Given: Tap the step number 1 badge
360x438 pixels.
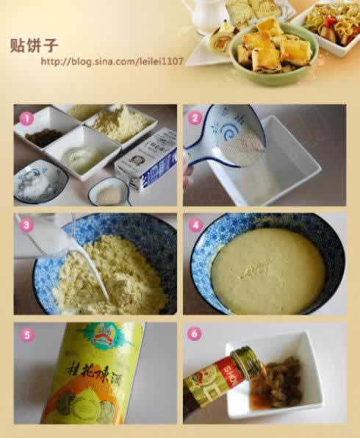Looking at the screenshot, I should pyautogui.click(x=26, y=118).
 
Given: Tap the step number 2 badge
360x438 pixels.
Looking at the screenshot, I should pyautogui.click(x=195, y=117).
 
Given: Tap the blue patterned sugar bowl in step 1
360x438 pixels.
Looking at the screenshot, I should pyautogui.click(x=40, y=182).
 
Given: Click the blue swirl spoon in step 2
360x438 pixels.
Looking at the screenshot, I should pyautogui.click(x=220, y=135).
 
